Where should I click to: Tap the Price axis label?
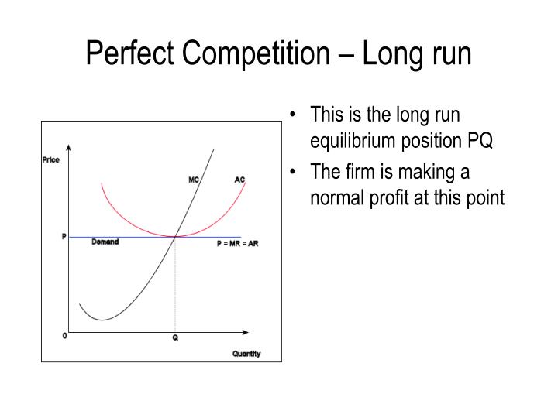coord(50,160)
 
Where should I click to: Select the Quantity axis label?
coord(246,354)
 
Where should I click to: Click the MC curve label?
coord(194,180)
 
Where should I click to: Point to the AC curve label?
coord(239,180)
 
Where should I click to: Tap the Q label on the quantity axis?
coord(175,338)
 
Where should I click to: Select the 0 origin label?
coord(64,336)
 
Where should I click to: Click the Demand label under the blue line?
coord(105,242)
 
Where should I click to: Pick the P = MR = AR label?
coord(237,244)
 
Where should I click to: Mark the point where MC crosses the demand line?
coord(176,237)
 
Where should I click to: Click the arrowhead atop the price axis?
coord(70,147)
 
